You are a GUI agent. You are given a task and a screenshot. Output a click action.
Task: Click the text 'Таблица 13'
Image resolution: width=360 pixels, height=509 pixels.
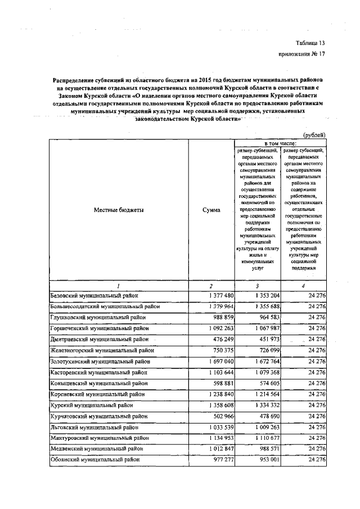coord(310,43)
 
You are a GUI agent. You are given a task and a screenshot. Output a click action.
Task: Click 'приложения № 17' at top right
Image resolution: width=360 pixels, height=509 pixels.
coord(302,54)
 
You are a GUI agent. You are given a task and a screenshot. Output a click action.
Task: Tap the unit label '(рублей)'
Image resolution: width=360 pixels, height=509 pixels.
coord(315,135)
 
